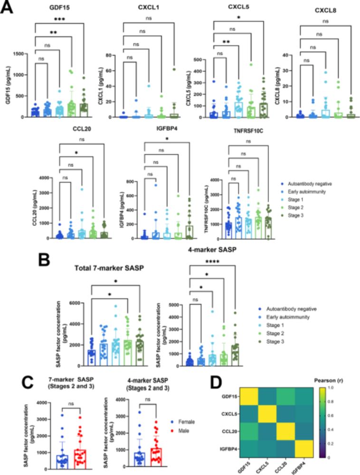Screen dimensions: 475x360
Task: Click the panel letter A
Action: point(8,8)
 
